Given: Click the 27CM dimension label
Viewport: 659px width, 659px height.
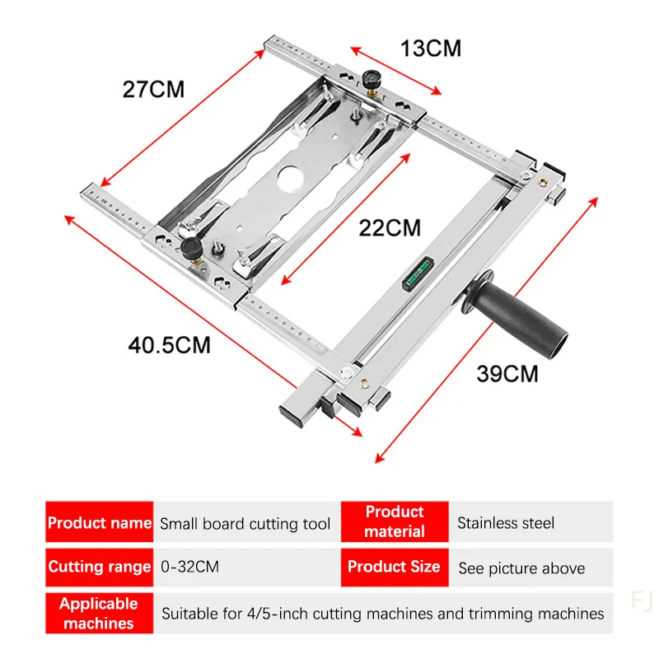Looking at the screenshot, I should (x=154, y=89).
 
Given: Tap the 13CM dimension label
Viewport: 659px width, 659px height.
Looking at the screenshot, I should (x=430, y=48).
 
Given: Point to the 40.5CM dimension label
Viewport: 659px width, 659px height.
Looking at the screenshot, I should (x=170, y=344).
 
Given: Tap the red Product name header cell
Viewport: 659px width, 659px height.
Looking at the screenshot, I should (x=99, y=522).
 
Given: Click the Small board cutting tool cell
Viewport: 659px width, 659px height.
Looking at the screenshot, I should (x=245, y=523).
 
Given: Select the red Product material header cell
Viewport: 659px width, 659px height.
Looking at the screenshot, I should (x=395, y=522).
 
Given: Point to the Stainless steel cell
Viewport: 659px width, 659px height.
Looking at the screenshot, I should (x=506, y=523).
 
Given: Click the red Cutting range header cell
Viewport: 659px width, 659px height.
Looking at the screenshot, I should (x=99, y=567).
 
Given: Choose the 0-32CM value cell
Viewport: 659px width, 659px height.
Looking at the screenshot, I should (x=189, y=568).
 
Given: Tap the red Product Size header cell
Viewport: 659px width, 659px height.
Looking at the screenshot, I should (x=395, y=567).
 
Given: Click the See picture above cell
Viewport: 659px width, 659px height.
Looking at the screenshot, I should (x=521, y=568).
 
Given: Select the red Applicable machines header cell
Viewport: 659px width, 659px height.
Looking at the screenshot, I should (x=99, y=614).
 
